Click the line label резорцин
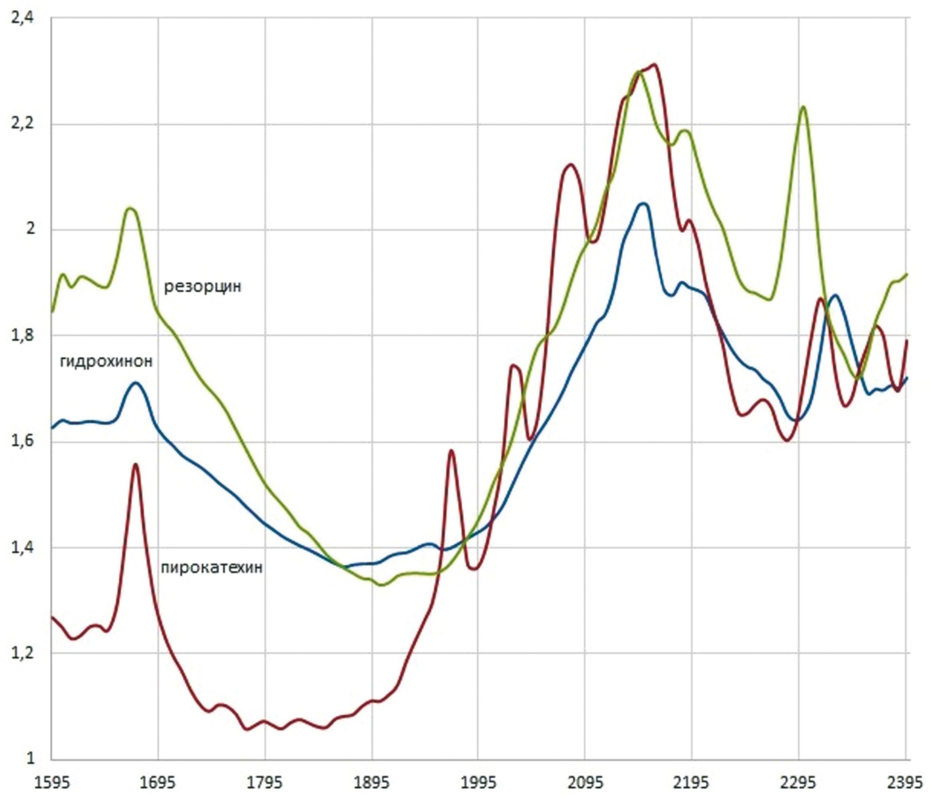click(x=202, y=286)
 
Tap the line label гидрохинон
click(x=106, y=361)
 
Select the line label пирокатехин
click(x=211, y=567)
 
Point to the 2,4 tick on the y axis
click(x=22, y=18)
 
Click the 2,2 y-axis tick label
click(x=22, y=124)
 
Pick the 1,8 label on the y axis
click(x=22, y=336)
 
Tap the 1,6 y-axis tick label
click(x=22, y=442)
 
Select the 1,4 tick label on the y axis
click(x=22, y=547)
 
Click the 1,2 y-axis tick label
click(x=22, y=654)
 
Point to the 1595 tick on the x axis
click(x=52, y=783)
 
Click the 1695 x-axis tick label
click(x=158, y=783)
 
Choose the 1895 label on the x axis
click(x=371, y=783)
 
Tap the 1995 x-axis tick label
click(x=477, y=783)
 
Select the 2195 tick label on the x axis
click(x=691, y=783)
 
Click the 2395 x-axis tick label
click(x=905, y=783)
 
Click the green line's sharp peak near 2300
click(x=803, y=107)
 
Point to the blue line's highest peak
click(x=643, y=204)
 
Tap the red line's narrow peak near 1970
click(x=451, y=451)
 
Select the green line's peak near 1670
click(x=131, y=208)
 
